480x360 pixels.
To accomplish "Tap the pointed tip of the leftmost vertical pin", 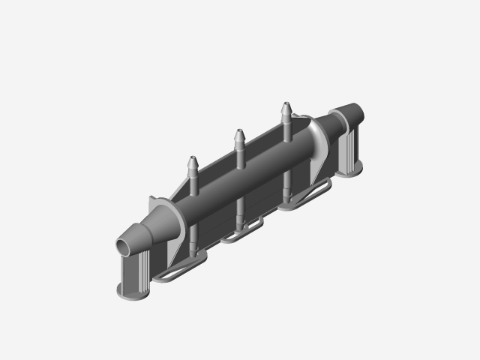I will [x=192, y=160].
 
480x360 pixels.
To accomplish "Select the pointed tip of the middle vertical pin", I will [x=239, y=133].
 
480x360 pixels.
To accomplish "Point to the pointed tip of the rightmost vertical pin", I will [x=286, y=106].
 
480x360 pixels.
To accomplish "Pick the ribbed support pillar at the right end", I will [x=349, y=150].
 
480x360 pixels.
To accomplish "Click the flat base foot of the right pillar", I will [x=349, y=171].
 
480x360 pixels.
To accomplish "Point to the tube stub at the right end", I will [x=352, y=112].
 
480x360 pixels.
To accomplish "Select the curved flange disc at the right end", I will [x=318, y=135].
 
